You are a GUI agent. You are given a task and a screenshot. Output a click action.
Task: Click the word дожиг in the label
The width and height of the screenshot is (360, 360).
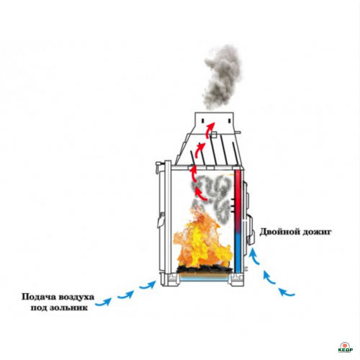click(x=317, y=233)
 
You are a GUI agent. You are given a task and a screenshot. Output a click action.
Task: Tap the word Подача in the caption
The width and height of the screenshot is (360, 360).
click(x=38, y=297)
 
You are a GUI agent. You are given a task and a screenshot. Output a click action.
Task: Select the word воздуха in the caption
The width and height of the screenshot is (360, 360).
click(x=76, y=297)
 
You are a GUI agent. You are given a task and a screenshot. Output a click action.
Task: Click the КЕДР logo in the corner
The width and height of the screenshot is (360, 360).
click(x=346, y=347)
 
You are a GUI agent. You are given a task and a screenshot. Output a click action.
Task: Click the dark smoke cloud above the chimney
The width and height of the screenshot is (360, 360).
click(x=221, y=77)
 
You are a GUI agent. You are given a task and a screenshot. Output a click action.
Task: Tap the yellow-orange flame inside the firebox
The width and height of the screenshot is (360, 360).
click(x=203, y=243)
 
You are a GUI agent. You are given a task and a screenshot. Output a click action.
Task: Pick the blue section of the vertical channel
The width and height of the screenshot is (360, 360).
click(x=238, y=253)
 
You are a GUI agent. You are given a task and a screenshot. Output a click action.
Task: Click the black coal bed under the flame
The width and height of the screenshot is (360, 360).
click(x=204, y=269)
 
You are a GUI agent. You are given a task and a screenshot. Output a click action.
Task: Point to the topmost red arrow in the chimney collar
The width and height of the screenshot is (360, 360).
click(x=210, y=130)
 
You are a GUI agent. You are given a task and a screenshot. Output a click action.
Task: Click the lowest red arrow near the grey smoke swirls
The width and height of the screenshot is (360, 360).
click(x=201, y=194)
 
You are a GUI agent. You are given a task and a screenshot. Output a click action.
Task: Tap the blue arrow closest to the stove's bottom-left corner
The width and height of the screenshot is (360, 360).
click(x=148, y=285)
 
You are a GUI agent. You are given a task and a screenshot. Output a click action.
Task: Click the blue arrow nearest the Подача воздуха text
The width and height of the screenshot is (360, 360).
click(x=104, y=302)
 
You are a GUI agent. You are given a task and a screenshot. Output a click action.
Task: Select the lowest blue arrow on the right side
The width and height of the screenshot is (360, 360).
click(x=287, y=292)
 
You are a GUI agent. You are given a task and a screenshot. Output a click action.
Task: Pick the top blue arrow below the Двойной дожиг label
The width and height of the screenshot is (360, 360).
click(x=254, y=256)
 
